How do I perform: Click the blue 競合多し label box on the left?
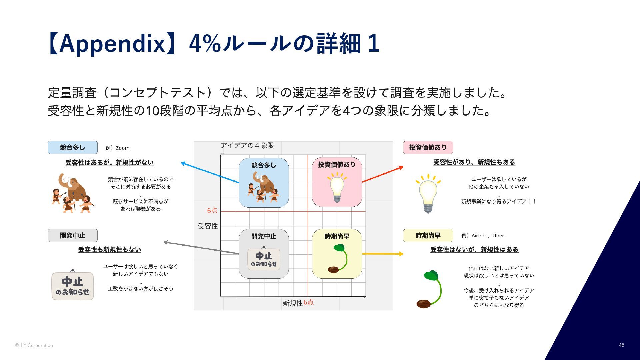tap(73, 147)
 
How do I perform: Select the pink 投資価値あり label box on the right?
tap(428, 147)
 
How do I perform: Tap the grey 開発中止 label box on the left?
tap(73, 235)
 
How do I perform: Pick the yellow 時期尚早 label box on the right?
tap(428, 235)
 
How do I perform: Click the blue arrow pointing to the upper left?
tap(210, 173)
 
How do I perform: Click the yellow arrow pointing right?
tap(383, 254)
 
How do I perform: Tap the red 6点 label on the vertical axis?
tap(212, 211)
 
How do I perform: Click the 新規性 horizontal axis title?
tap(293, 303)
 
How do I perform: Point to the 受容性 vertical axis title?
tap(208, 226)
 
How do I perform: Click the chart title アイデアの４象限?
tap(247, 145)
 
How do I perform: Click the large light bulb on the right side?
tap(428, 193)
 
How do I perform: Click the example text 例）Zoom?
tap(117, 148)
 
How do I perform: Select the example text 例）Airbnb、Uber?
tap(483, 236)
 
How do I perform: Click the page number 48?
tap(621, 345)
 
